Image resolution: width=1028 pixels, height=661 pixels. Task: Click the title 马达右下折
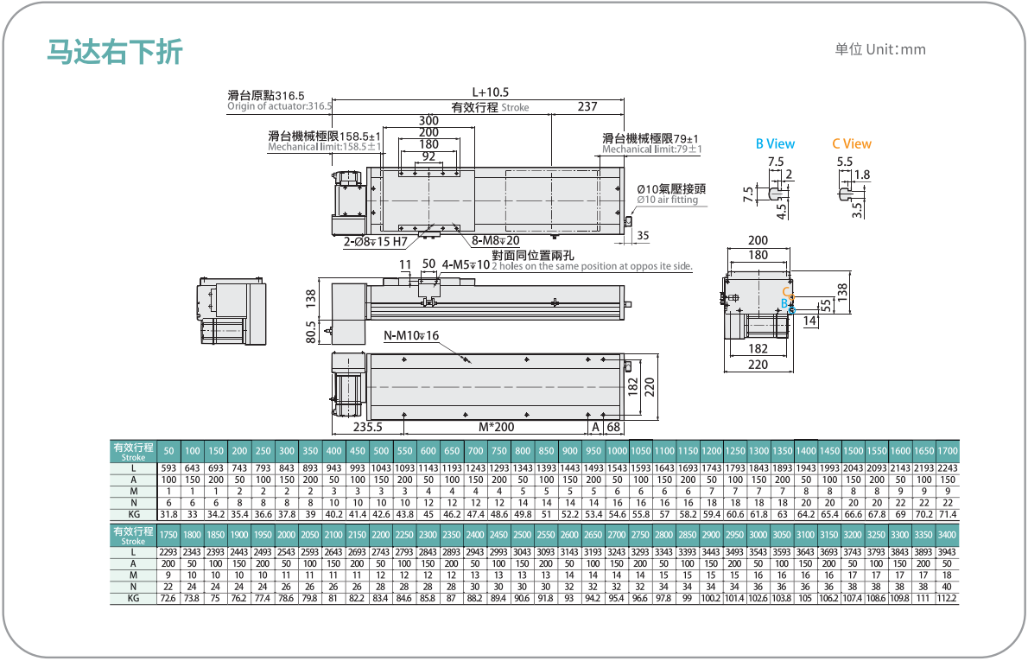(x=115, y=51)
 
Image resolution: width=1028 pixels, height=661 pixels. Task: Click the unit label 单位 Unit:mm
(x=879, y=49)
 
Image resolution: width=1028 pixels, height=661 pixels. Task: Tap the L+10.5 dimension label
(x=491, y=92)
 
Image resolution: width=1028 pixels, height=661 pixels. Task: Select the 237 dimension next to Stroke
(x=587, y=106)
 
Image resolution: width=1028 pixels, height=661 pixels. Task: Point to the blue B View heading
(x=775, y=143)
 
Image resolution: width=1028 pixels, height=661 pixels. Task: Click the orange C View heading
(x=852, y=143)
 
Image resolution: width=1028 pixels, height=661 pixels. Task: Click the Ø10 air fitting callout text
(x=668, y=200)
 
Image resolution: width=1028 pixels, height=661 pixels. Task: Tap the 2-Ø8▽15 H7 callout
(x=376, y=241)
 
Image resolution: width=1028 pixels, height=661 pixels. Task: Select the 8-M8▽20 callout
(x=496, y=241)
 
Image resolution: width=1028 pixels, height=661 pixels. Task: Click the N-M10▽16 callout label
(x=411, y=335)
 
